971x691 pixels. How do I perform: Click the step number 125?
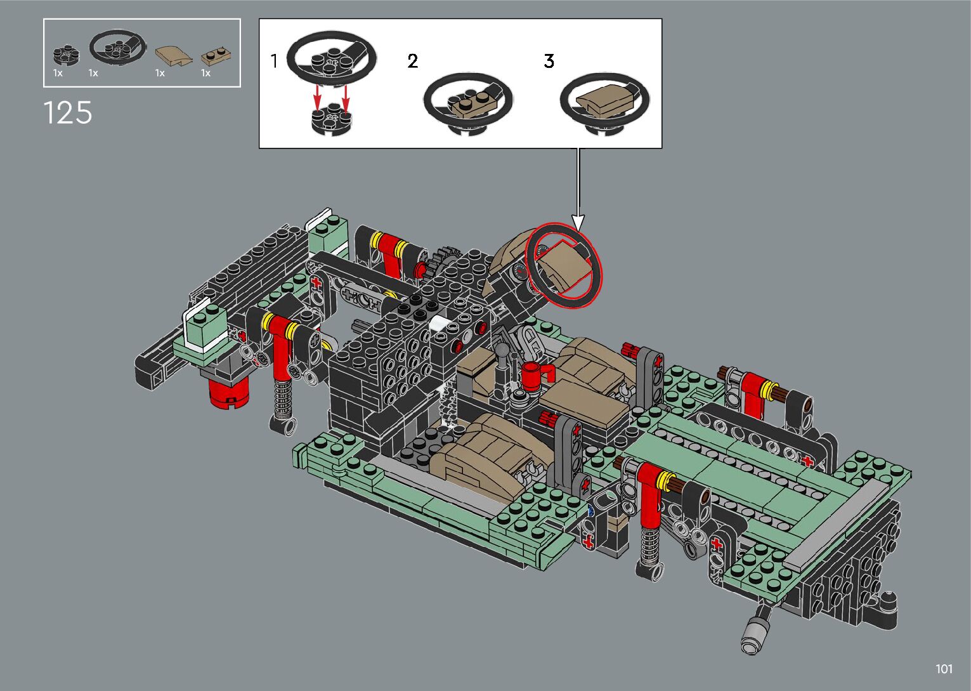(x=68, y=113)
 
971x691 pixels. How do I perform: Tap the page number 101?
(x=944, y=669)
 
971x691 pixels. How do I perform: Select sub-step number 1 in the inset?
(x=274, y=61)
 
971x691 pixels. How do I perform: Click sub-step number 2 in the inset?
(x=413, y=61)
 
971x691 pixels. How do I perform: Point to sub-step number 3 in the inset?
(x=549, y=61)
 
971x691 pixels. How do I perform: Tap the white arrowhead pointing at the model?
(x=578, y=222)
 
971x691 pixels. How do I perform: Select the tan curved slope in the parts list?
(x=173, y=56)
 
